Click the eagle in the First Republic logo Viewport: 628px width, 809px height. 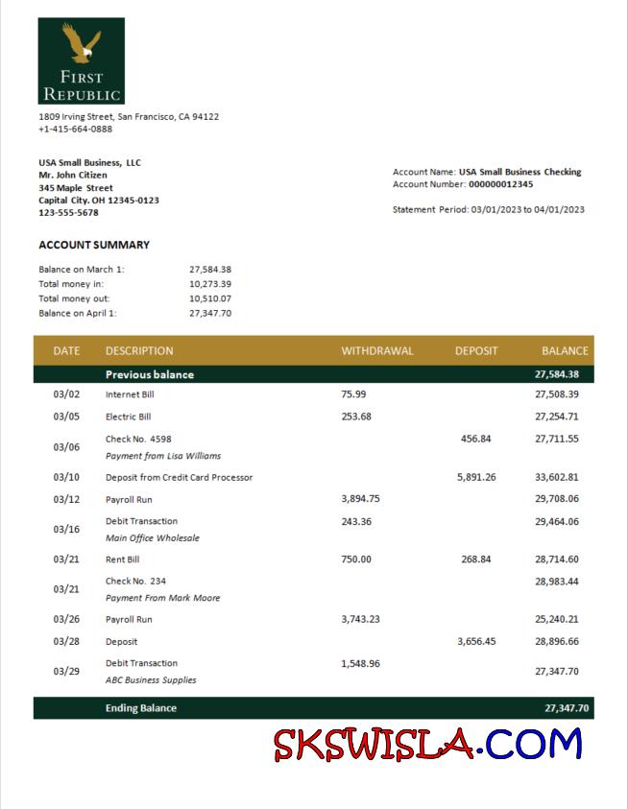(x=82, y=42)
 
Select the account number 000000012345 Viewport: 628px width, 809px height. (x=500, y=184)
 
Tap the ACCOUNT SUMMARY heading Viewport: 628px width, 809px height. (x=94, y=245)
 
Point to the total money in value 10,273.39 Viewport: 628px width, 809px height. (x=210, y=284)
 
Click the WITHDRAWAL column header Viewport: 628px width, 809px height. (x=376, y=351)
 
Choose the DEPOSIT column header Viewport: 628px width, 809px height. (x=476, y=351)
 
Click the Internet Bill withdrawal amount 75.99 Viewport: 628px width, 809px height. (x=353, y=394)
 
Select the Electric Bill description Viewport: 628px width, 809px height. (x=128, y=416)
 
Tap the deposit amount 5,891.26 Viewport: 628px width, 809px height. (x=476, y=477)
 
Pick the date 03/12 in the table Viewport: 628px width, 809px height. (x=66, y=499)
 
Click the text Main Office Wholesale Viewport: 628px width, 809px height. (x=153, y=538)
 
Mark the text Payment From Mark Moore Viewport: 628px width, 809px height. (x=162, y=598)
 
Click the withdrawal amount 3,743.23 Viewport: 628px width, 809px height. (x=360, y=619)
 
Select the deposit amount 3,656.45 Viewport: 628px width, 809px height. (x=476, y=641)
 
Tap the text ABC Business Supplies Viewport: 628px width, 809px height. (x=151, y=679)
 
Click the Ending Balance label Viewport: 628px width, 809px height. (x=141, y=708)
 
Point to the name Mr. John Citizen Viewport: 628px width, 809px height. (x=73, y=176)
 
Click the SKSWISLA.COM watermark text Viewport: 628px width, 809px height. (x=427, y=744)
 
